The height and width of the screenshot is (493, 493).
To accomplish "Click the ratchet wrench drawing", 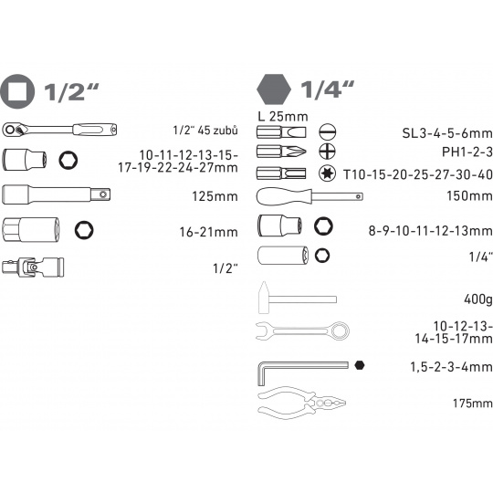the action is click(59, 130).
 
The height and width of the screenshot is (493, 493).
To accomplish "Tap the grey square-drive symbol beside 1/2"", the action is click(17, 91).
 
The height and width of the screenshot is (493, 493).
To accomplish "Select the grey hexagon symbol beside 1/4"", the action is click(274, 89).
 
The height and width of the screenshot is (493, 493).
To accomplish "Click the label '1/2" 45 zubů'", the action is click(205, 131).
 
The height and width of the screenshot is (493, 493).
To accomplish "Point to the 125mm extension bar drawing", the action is click(57, 194).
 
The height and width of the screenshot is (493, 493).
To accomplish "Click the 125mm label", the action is click(215, 196).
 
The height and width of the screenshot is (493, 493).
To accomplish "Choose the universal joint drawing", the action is click(33, 267).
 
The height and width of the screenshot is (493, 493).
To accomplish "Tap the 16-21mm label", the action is click(208, 232).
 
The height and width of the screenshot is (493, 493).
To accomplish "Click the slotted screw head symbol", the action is click(328, 131).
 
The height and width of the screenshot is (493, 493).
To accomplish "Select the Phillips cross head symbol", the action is click(327, 152).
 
